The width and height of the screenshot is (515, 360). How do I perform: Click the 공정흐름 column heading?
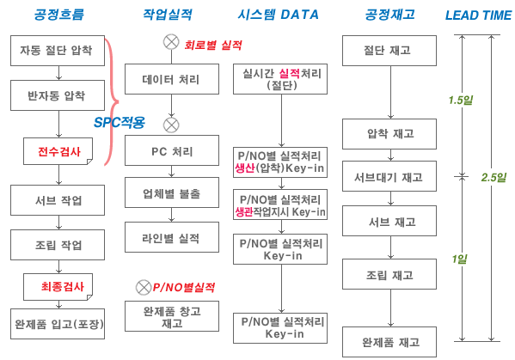pyautogui.click(x=59, y=15)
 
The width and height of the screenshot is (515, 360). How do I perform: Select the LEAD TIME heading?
pyautogui.click(x=478, y=15)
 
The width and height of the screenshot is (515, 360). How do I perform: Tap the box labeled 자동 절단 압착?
pyautogui.click(x=58, y=51)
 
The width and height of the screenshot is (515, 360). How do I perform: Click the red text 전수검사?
pyautogui.click(x=59, y=151)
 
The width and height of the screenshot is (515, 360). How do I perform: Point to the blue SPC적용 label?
pyautogui.click(x=120, y=122)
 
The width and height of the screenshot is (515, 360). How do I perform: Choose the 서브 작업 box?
pyautogui.click(x=58, y=200)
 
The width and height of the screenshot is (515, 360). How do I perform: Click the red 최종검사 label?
pyautogui.click(x=63, y=286)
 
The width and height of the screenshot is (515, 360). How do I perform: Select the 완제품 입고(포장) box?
pyautogui.click(x=58, y=324)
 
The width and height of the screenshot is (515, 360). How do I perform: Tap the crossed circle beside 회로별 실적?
pyautogui.click(x=171, y=42)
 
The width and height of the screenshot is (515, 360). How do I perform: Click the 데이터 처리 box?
pyautogui.click(x=172, y=79)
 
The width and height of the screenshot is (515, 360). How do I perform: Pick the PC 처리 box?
pyautogui.click(x=172, y=150)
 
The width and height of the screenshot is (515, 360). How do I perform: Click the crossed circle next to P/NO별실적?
pyautogui.click(x=144, y=288)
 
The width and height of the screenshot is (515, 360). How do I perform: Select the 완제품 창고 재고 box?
pyautogui.click(x=172, y=316)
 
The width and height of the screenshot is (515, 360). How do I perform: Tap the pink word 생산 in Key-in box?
pyautogui.click(x=245, y=168)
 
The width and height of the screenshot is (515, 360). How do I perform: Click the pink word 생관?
pyautogui.click(x=243, y=212)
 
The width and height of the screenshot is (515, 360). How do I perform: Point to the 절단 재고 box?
pyautogui.click(x=389, y=51)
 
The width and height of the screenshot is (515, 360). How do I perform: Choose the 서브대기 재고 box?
pyautogui.click(x=389, y=176)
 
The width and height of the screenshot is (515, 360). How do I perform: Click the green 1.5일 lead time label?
pyautogui.click(x=461, y=100)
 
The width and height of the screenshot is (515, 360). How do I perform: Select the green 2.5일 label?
pyautogui.click(x=494, y=178)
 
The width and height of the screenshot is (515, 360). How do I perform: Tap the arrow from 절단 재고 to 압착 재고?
pyautogui.click(x=390, y=92)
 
